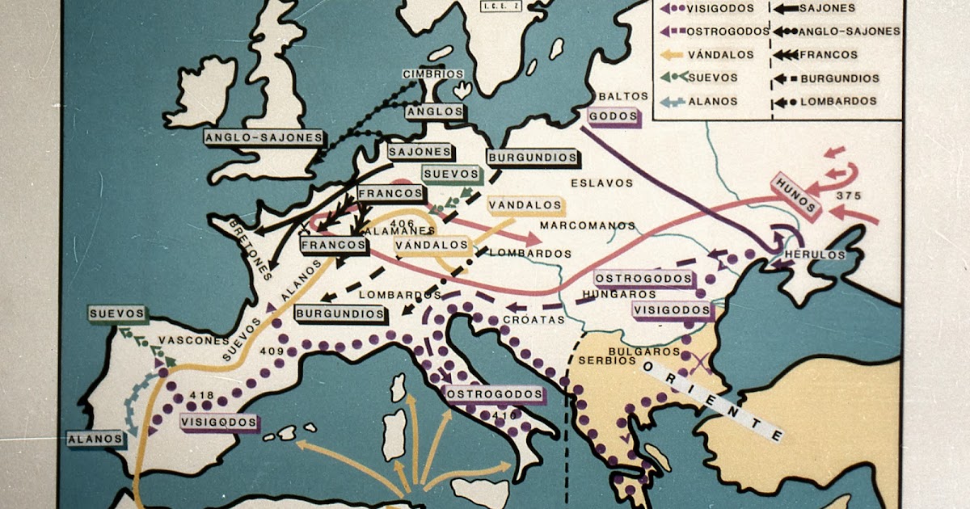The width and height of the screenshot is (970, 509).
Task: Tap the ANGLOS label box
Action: click(x=435, y=111)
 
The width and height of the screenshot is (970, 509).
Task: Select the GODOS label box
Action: click(x=612, y=116)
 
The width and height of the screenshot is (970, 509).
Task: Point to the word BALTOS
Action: click(x=624, y=95)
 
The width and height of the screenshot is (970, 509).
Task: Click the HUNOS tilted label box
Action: click(x=796, y=195)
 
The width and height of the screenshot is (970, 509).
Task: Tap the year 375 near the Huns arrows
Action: click(x=849, y=196)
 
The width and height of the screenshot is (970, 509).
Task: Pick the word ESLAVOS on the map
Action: click(x=603, y=183)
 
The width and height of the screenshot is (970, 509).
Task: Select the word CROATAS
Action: click(x=531, y=319)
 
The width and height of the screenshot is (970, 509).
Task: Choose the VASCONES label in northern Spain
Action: click(x=189, y=340)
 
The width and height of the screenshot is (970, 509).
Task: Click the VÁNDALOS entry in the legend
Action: click(x=719, y=55)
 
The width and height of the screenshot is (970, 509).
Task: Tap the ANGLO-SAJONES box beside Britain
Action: click(x=264, y=138)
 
